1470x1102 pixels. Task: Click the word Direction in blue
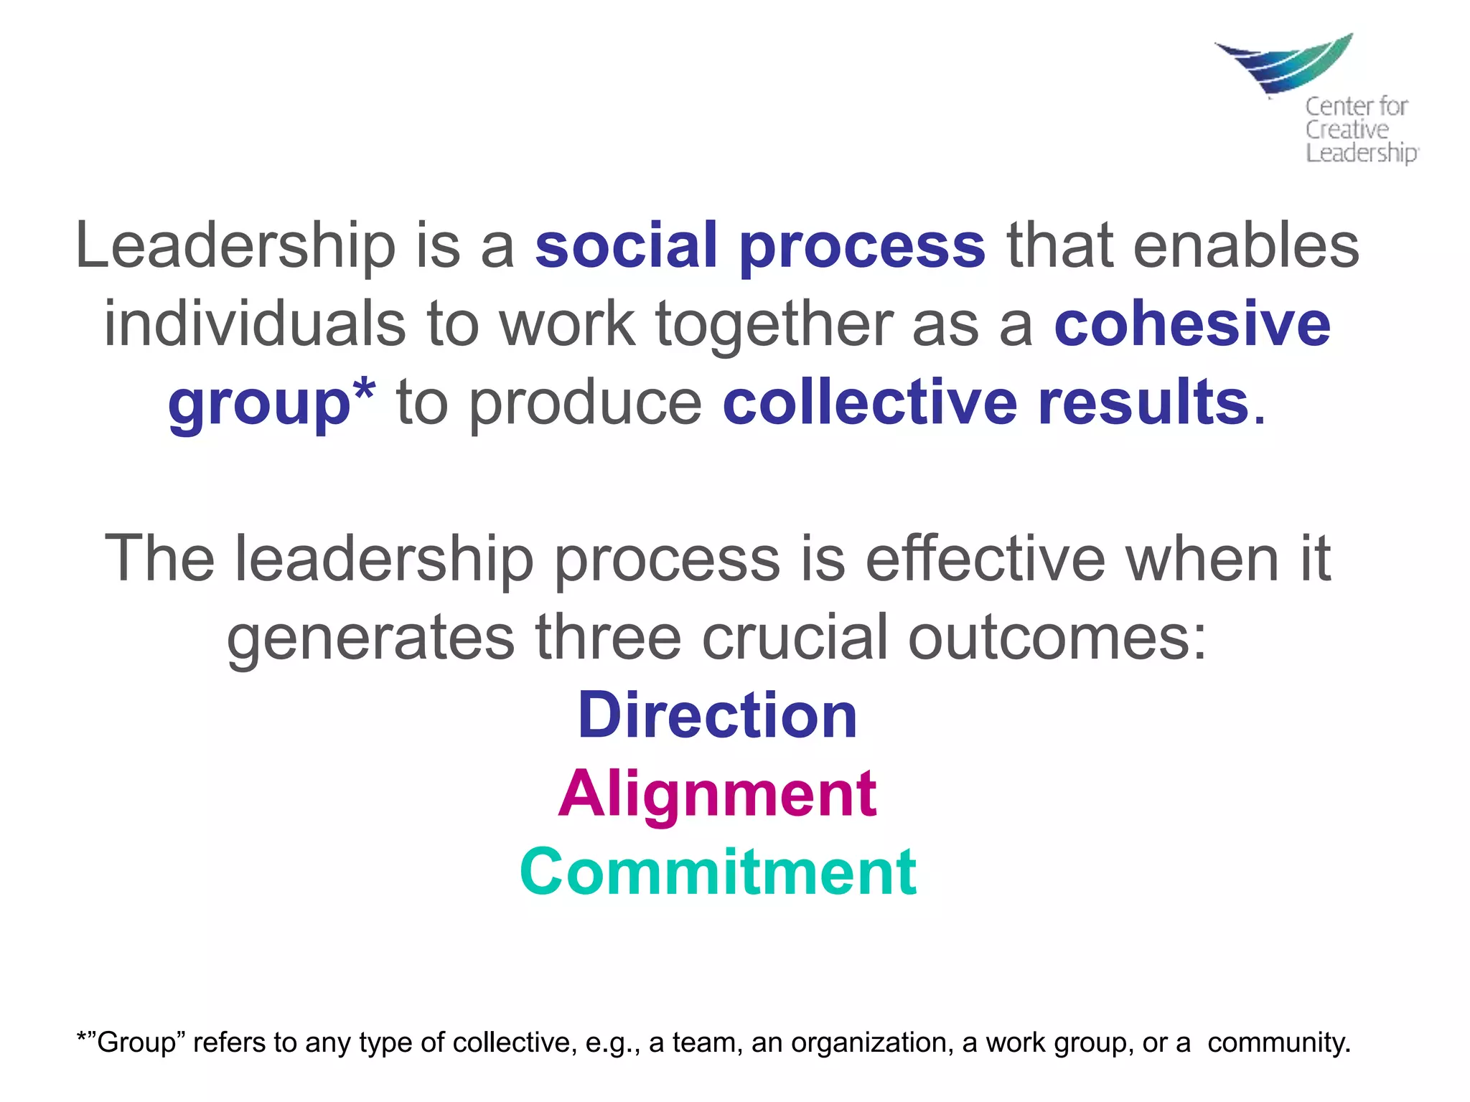click(717, 715)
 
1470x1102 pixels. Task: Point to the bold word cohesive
click(1192, 324)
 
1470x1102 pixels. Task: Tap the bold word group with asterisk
click(271, 404)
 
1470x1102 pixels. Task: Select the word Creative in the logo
click(1347, 130)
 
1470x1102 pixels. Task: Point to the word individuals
click(255, 324)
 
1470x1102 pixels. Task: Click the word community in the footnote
click(1278, 1042)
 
